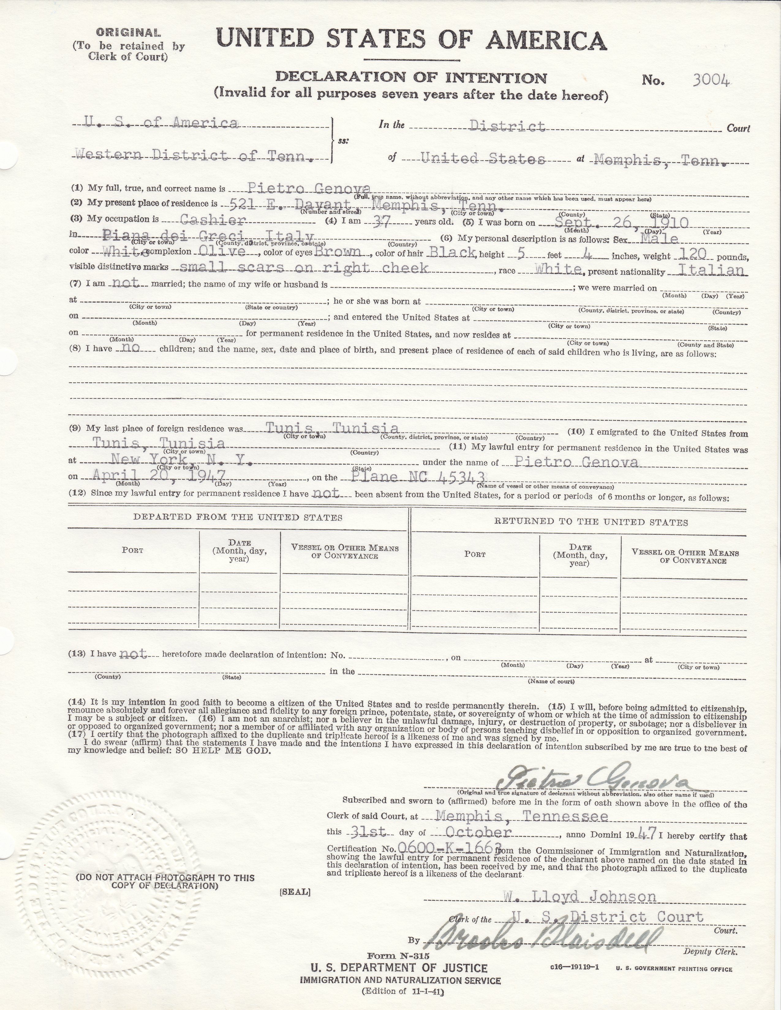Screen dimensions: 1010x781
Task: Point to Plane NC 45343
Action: click(417, 476)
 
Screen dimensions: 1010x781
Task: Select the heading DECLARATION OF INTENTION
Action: click(410, 78)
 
